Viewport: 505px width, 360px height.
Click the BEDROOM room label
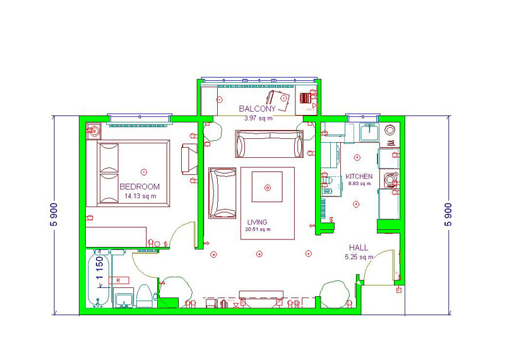pyautogui.click(x=140, y=186)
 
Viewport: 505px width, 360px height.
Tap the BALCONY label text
pyautogui.click(x=258, y=109)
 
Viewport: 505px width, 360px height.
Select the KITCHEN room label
pyautogui.click(x=359, y=176)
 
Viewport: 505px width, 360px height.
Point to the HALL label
pyautogui.click(x=359, y=248)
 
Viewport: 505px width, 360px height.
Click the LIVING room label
pyautogui.click(x=257, y=222)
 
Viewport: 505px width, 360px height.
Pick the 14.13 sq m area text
pyautogui.click(x=140, y=196)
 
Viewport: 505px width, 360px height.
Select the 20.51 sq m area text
pyautogui.click(x=258, y=229)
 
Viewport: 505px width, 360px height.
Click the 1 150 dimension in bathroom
pyautogui.click(x=100, y=268)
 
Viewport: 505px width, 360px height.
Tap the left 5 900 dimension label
pyautogui.click(x=54, y=215)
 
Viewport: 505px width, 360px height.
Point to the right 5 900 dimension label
pyautogui.click(x=448, y=215)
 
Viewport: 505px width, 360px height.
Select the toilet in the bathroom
pyautogui.click(x=144, y=296)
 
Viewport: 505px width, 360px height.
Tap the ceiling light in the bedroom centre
pyautogui.click(x=144, y=172)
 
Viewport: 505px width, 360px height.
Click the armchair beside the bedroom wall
pyautogui.click(x=189, y=159)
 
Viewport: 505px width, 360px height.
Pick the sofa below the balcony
pyautogui.click(x=270, y=144)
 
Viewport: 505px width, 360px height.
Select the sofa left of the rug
pyautogui.click(x=222, y=193)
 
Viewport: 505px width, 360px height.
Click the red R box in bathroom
pyautogui.click(x=119, y=280)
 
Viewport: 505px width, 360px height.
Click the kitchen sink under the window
pyautogui.click(x=369, y=132)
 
